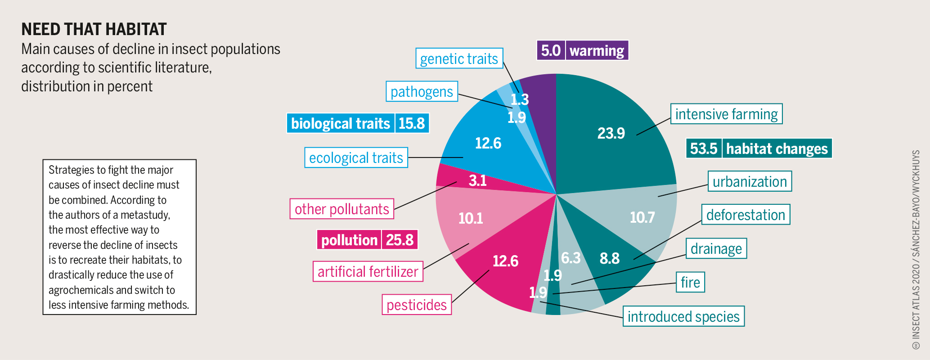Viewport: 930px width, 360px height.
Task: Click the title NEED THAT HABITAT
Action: point(94,29)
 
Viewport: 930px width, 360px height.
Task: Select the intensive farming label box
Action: point(726,114)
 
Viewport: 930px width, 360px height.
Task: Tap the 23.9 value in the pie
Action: point(611,133)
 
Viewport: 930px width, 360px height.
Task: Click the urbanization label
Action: point(750,181)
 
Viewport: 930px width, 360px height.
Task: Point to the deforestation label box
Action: point(746,215)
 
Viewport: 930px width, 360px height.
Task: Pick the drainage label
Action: point(716,248)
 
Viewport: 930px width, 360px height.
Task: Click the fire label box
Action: point(690,282)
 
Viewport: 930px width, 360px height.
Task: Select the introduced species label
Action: point(683,316)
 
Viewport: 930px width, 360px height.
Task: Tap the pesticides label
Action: point(417,305)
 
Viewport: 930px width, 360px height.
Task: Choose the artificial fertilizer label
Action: point(368,271)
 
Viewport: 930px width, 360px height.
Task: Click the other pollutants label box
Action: point(341,209)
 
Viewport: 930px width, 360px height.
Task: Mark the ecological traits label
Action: point(356,157)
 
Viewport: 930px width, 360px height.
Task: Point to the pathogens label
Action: point(422,91)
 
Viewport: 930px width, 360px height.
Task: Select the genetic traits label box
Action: point(459,58)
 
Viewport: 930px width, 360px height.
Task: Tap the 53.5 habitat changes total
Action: point(759,148)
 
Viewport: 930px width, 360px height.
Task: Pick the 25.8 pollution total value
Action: point(400,240)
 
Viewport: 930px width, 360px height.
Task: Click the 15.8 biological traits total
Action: point(411,123)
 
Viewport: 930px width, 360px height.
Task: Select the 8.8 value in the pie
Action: point(610,258)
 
